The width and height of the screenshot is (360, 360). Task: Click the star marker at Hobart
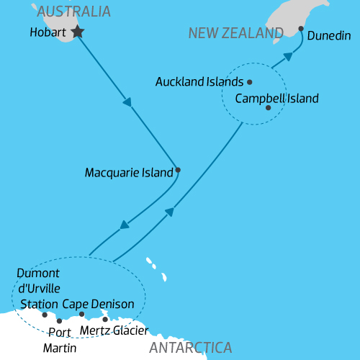[77, 32]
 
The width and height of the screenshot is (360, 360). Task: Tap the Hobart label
[48, 33]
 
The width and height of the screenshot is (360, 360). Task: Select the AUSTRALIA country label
[74, 12]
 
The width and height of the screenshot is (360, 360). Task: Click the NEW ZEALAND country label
[235, 34]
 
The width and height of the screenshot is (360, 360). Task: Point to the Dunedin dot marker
[301, 29]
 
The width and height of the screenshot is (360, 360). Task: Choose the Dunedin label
[329, 35]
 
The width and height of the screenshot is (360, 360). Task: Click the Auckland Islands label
[199, 82]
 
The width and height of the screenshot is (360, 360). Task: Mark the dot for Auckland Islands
[250, 81]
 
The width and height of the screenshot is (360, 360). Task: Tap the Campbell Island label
[276, 99]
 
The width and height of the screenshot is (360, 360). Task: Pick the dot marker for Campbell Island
[268, 108]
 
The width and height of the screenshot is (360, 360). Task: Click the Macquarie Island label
[129, 173]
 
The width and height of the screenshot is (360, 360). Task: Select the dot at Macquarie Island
[178, 171]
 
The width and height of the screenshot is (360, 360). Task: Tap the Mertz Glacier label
[114, 330]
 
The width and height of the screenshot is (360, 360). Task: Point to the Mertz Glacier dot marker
[105, 319]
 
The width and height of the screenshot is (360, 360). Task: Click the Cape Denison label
[98, 304]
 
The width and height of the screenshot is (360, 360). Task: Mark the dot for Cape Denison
[82, 314]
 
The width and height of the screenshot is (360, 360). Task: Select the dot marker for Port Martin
[59, 321]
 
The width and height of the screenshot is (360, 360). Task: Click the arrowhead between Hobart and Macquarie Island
[127, 102]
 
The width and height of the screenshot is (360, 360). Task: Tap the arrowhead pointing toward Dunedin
[287, 55]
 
